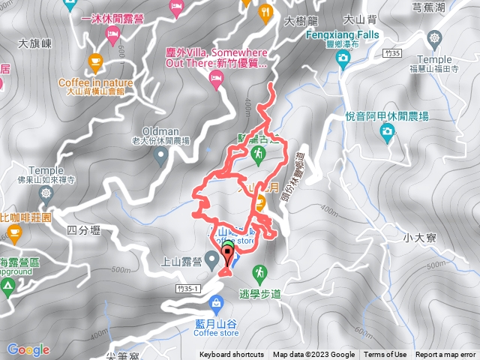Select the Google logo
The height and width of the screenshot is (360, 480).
(x=28, y=349)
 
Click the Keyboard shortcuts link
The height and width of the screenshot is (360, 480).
(x=232, y=355)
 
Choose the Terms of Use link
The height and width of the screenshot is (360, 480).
(x=385, y=355)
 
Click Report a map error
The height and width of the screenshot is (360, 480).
(x=446, y=355)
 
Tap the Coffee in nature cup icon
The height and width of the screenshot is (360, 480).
(x=95, y=61)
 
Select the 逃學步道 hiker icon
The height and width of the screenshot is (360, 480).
(x=259, y=271)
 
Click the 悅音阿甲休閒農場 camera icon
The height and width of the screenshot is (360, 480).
(x=388, y=133)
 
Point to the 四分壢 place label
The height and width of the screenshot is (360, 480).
(x=83, y=229)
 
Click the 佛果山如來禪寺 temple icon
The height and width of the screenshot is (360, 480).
(x=47, y=193)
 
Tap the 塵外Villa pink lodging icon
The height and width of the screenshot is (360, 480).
(x=216, y=82)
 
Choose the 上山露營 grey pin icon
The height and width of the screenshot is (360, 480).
(x=212, y=259)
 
